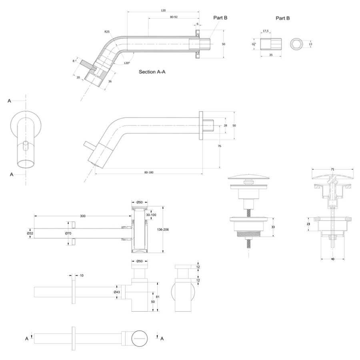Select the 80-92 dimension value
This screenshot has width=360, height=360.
(x=174, y=17)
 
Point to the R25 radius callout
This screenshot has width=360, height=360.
(x=107, y=31)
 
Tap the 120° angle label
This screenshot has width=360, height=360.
(x=127, y=63)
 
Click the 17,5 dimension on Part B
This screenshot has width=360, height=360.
(x=266, y=30)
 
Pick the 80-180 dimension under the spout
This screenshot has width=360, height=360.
(x=148, y=172)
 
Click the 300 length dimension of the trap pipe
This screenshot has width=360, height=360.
(x=82, y=216)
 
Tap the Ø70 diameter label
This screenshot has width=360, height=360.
(x=68, y=233)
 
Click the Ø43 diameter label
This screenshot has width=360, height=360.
(x=117, y=292)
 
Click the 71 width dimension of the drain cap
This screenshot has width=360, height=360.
(x=333, y=170)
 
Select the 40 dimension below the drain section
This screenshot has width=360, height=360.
(x=333, y=259)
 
